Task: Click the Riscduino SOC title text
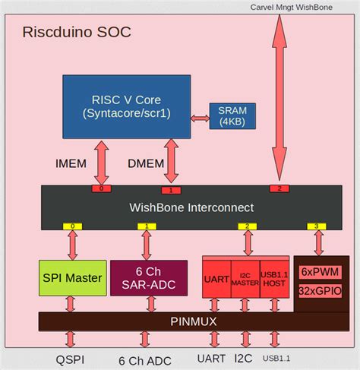click(77, 32)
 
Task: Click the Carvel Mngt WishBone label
click(302, 7)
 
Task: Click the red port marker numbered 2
click(279, 188)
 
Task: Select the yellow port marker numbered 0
click(72, 226)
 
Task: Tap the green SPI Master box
click(71, 278)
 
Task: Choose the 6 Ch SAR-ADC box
click(149, 278)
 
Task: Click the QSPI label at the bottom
click(71, 359)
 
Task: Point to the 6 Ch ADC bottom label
click(147, 360)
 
